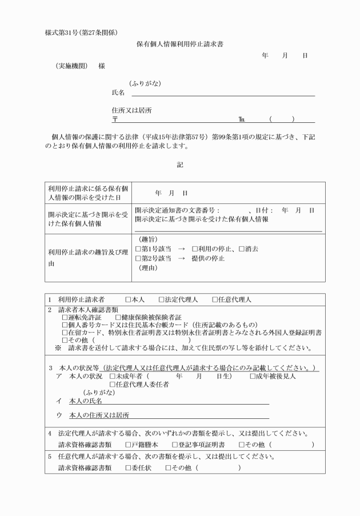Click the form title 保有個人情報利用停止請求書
(180, 43)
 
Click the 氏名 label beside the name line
(118, 93)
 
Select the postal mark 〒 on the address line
(115, 119)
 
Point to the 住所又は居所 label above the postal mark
(131, 110)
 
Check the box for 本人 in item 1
(129, 299)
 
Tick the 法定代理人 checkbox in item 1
(161, 299)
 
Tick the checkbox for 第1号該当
(138, 249)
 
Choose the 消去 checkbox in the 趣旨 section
(241, 249)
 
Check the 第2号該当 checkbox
(138, 258)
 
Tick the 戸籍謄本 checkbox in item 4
(129, 444)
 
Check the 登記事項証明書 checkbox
(175, 444)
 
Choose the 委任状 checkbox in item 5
(129, 467)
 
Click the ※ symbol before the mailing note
(58, 347)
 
